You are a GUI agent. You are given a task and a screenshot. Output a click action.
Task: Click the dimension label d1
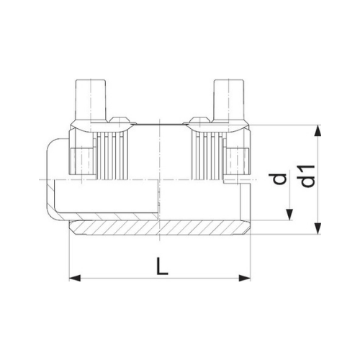point(307,176)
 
